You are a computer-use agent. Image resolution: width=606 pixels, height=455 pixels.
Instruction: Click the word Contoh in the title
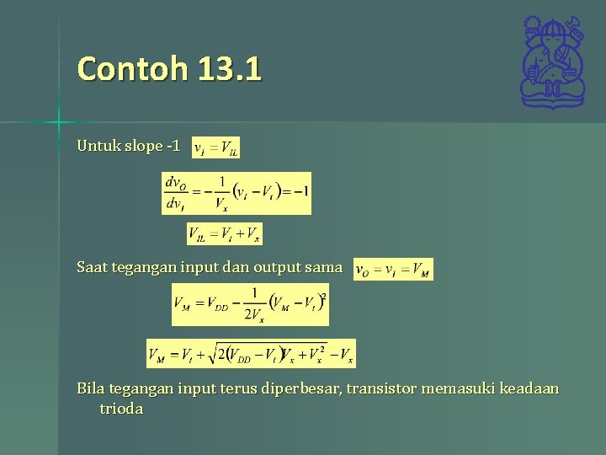click(x=132, y=68)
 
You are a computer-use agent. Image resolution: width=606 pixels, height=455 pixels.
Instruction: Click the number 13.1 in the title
click(x=230, y=68)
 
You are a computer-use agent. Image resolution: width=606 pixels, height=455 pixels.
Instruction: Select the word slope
click(x=144, y=146)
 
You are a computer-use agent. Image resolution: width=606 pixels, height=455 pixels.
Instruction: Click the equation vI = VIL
click(x=216, y=148)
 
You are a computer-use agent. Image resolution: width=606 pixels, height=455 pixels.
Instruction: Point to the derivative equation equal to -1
click(x=236, y=193)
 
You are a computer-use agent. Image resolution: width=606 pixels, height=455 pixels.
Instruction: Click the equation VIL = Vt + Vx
click(x=224, y=233)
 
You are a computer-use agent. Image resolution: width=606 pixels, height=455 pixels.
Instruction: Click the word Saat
click(x=93, y=268)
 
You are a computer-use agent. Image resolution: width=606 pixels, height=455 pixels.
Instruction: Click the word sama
click(x=324, y=268)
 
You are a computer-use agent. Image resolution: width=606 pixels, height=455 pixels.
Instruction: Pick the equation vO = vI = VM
click(x=393, y=270)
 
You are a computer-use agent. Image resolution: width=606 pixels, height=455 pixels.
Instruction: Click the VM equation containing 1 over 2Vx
click(x=250, y=305)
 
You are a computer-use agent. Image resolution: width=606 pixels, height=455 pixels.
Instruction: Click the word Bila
click(x=92, y=389)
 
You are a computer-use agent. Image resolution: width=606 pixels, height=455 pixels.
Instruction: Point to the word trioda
click(x=121, y=409)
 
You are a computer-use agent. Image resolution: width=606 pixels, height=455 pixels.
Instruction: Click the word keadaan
click(x=529, y=389)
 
